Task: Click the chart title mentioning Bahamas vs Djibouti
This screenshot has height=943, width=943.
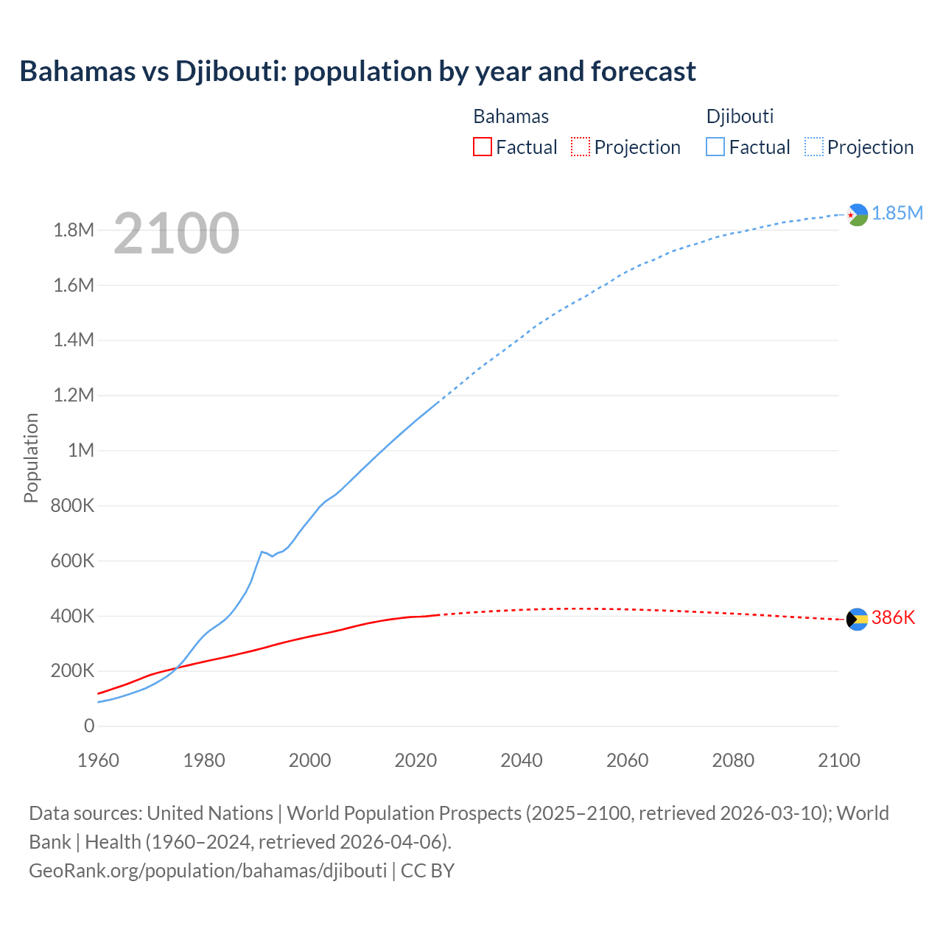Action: click(357, 71)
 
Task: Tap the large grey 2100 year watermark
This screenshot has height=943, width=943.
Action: click(177, 234)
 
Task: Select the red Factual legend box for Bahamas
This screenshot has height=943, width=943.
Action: click(482, 147)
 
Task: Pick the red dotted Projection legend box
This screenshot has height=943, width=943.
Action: click(581, 147)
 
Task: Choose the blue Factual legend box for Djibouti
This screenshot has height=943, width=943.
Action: click(715, 147)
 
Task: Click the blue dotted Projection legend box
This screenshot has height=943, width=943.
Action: click(814, 147)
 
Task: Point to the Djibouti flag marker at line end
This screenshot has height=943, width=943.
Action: click(857, 214)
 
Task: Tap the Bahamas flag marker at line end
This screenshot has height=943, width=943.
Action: click(857, 620)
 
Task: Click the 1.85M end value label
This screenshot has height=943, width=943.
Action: click(897, 214)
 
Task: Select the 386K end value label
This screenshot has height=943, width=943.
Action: click(893, 618)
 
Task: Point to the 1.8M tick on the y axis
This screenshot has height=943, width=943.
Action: click(74, 231)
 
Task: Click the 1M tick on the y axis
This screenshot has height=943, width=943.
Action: click(81, 450)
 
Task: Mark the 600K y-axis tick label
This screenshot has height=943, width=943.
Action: click(73, 561)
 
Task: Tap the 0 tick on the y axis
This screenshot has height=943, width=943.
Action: click(89, 726)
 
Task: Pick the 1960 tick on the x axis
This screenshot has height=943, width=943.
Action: click(98, 760)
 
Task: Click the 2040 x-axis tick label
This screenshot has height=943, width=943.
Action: click(522, 760)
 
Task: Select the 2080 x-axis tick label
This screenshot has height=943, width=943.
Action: click(733, 760)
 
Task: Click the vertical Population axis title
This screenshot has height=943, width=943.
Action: click(31, 458)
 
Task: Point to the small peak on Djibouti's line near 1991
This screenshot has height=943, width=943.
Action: click(262, 551)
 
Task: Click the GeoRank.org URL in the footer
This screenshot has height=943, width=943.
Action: click(208, 871)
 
